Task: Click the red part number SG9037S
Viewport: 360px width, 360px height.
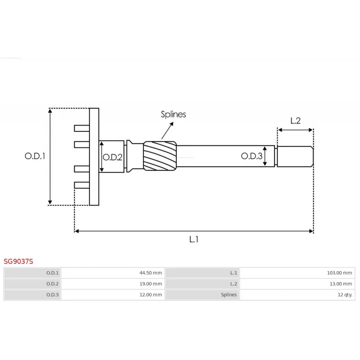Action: coord(18,261)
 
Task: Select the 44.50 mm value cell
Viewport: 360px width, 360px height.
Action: coord(151,273)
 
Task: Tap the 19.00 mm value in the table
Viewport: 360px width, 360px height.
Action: coord(151,284)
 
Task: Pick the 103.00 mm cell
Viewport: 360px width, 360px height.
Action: coord(339,273)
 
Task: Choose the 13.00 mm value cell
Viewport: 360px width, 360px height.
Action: coord(341,284)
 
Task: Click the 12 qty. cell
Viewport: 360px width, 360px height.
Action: coord(345,295)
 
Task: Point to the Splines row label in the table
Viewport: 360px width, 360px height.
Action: coord(229,295)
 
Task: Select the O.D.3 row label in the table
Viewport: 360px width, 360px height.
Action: coord(52,295)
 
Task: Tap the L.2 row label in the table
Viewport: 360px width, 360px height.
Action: coord(234,284)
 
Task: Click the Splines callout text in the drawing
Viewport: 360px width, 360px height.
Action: coord(173,114)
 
